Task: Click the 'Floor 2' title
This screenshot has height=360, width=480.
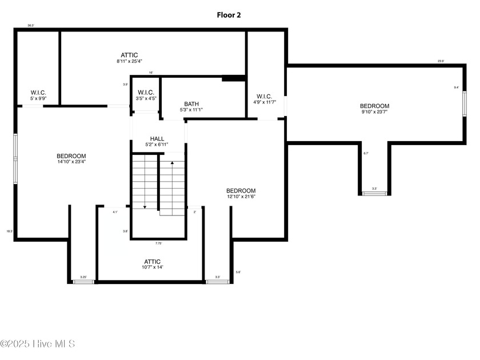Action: click(229, 15)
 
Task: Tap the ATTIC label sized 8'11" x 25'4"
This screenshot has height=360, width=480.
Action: click(129, 55)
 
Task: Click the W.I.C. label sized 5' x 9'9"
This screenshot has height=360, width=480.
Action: click(38, 93)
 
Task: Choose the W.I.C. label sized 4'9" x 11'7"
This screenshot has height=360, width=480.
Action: click(264, 97)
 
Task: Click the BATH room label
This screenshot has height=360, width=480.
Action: click(191, 104)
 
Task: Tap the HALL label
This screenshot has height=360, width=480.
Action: click(157, 139)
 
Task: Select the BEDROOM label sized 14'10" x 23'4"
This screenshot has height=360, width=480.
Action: click(71, 156)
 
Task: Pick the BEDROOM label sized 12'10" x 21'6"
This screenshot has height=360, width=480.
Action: click(241, 191)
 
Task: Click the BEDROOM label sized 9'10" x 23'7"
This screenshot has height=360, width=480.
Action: click(374, 106)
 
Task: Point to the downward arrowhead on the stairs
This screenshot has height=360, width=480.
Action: click(145, 207)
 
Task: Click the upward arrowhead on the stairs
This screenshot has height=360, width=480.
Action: click(172, 163)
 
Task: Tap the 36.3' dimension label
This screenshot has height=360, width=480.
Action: click(31, 25)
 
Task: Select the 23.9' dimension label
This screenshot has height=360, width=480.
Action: click(441, 61)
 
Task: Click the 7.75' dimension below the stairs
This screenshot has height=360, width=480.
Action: click(158, 243)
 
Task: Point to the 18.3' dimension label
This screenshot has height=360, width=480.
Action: click(9, 231)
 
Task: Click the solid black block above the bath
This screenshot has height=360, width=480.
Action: click(233, 78)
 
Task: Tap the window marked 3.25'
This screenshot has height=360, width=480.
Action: click(83, 281)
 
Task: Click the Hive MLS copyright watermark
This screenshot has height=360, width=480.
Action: click(38, 343)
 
